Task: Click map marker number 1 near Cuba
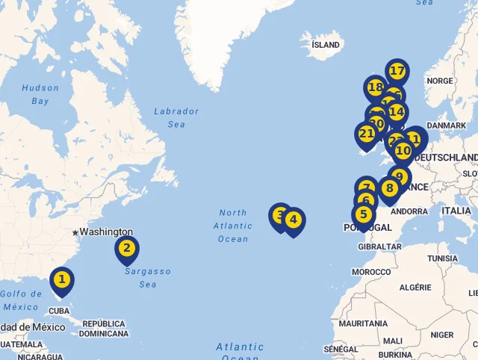coord(62,281)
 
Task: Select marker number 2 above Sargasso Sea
coord(127,249)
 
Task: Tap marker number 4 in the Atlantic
coord(294,220)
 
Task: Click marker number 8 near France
coord(389,188)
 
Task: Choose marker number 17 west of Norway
coord(397,72)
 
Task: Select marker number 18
coord(376,88)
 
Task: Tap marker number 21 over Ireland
coord(366,134)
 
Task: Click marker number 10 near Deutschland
coord(403,151)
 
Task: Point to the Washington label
coord(106,232)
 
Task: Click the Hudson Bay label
coord(40,94)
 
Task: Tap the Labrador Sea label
coord(176,118)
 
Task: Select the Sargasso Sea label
coord(147,278)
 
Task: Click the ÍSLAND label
coord(326,45)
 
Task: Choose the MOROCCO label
coord(371,272)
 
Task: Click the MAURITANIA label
coord(364,323)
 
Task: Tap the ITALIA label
coord(456,211)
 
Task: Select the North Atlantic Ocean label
coord(233,226)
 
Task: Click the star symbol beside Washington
coord(75,233)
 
